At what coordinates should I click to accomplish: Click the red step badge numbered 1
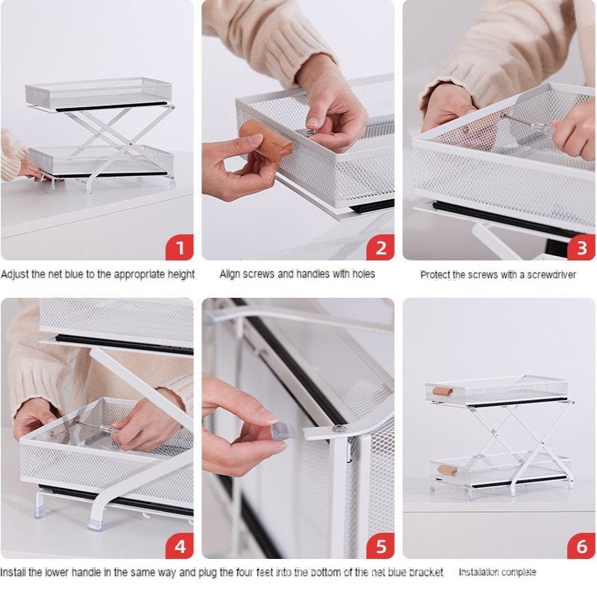[x=179, y=247]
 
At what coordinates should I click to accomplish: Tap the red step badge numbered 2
[x=381, y=247]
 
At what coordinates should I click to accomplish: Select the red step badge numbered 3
[x=581, y=247]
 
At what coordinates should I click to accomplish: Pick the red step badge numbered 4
[x=179, y=546]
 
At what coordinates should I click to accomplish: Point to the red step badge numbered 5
[x=381, y=546]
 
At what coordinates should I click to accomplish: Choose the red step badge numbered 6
[x=581, y=546]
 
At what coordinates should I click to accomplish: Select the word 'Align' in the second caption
[x=230, y=274]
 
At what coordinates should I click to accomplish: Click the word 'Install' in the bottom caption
[x=13, y=572]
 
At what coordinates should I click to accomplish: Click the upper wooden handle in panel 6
[x=443, y=391]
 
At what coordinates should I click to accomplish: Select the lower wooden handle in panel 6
[x=447, y=470]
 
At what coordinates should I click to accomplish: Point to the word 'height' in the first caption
[x=181, y=274]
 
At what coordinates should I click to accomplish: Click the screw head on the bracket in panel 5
[x=339, y=428]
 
